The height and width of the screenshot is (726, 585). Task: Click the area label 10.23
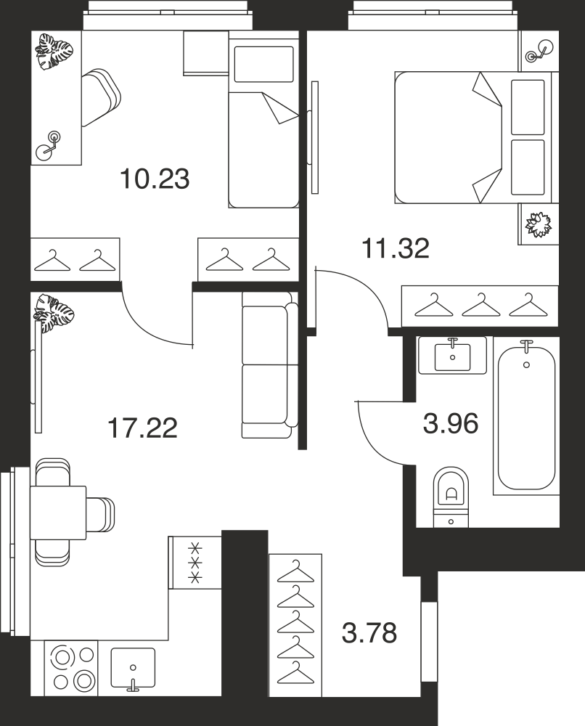[155, 179]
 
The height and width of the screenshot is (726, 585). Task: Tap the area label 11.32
[396, 248]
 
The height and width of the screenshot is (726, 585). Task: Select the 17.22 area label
[142, 428]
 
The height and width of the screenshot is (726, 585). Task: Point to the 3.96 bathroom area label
[451, 423]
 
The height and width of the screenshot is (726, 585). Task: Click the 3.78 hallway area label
[369, 633]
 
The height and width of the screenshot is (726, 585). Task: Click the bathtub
[527, 415]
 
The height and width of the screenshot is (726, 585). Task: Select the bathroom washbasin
[453, 355]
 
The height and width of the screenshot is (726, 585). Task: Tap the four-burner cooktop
[72, 668]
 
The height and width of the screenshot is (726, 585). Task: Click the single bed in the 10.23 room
[263, 120]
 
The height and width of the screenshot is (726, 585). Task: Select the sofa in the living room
[270, 365]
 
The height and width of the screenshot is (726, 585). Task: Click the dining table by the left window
[58, 513]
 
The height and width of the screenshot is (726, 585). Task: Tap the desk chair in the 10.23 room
[101, 98]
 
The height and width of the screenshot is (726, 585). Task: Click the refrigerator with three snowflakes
[195, 563]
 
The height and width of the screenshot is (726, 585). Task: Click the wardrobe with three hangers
[480, 306]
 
